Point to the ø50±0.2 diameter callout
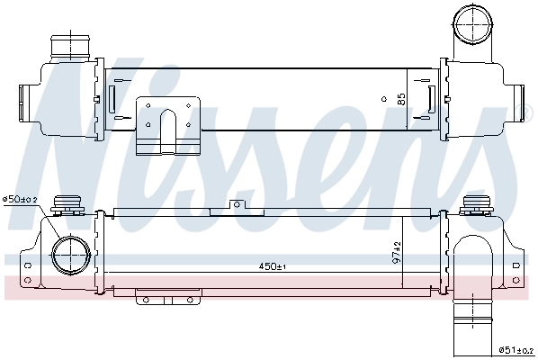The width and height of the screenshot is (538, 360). point(20,199)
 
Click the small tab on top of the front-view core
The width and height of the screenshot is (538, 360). point(236,206)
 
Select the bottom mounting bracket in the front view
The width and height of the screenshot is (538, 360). point(166,297)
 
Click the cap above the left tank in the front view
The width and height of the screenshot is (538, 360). point(67,205)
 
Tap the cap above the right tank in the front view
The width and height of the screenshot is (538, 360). point(474,206)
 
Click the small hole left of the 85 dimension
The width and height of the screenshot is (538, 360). point(384,96)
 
